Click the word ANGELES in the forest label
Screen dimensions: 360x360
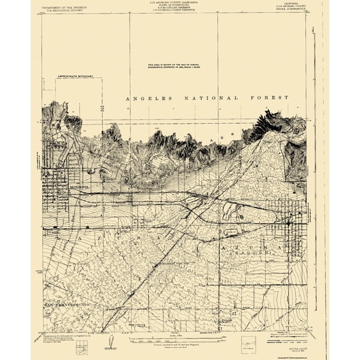coord(147,98)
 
